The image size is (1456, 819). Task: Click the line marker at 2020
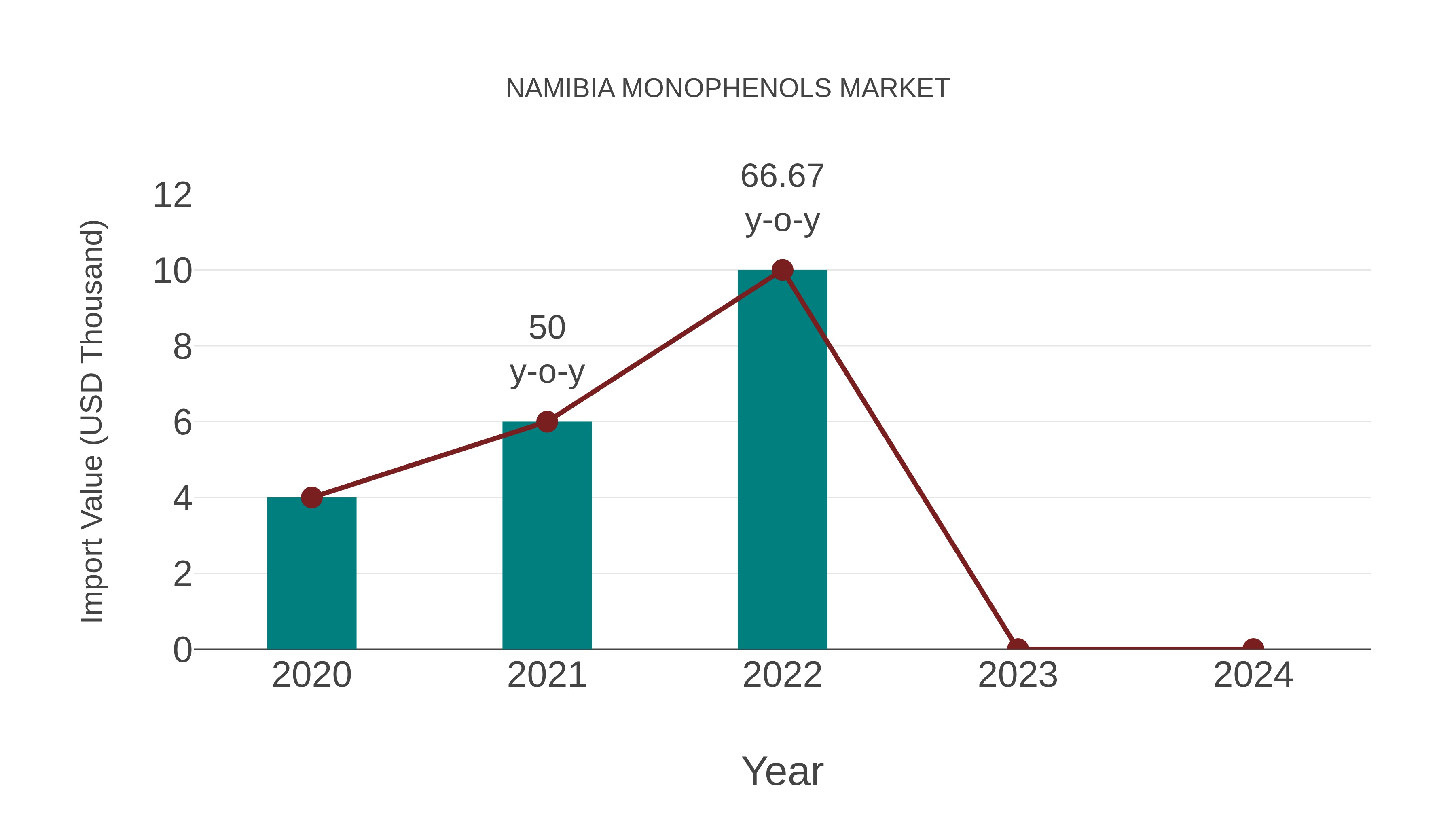(311, 497)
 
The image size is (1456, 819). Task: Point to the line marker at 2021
(546, 422)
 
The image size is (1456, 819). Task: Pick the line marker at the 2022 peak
(782, 270)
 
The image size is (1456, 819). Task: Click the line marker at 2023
(1018, 648)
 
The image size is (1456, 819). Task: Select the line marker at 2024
(1253, 648)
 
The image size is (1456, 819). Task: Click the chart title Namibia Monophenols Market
(728, 89)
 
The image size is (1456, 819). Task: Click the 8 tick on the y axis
(182, 347)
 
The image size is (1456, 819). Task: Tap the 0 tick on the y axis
(182, 650)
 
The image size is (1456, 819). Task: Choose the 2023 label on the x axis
(1018, 675)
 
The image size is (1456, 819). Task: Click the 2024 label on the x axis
(1253, 675)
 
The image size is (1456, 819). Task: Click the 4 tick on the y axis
(182, 499)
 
